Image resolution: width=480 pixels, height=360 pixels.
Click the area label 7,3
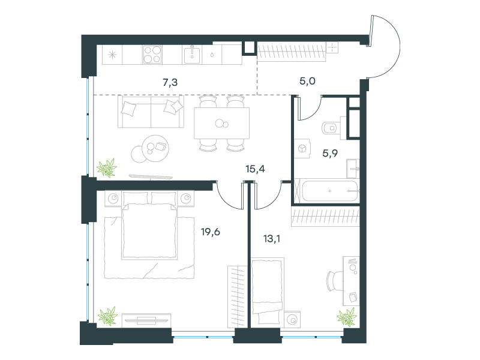tap(170, 82)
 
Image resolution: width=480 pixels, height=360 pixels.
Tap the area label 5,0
tap(307, 81)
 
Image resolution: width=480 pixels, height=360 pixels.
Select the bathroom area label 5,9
tap(330, 153)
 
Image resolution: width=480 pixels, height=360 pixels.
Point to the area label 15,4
tap(256, 169)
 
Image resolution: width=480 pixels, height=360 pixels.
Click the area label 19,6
tap(211, 232)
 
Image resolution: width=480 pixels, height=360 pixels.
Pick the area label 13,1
tap(272, 238)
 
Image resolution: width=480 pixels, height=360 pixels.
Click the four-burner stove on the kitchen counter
tap(152, 55)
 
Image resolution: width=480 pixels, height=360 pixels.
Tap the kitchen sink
tap(192, 55)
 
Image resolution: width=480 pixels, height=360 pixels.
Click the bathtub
tap(327, 191)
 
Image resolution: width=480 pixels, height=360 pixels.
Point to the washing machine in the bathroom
tap(302, 149)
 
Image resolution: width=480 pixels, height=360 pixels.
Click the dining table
tap(221, 123)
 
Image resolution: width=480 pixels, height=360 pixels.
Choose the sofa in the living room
tap(151, 112)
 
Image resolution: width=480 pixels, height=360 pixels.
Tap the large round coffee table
tap(156, 148)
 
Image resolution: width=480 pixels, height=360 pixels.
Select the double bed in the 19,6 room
tap(149, 226)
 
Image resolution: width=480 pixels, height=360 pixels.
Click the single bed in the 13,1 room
tap(267, 290)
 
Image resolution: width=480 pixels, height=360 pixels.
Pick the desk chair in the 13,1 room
tap(335, 281)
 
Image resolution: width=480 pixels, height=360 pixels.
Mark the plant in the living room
tap(107, 168)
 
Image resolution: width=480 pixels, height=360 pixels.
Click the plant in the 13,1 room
tap(347, 317)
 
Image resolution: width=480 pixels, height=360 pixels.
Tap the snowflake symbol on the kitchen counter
tap(112, 55)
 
